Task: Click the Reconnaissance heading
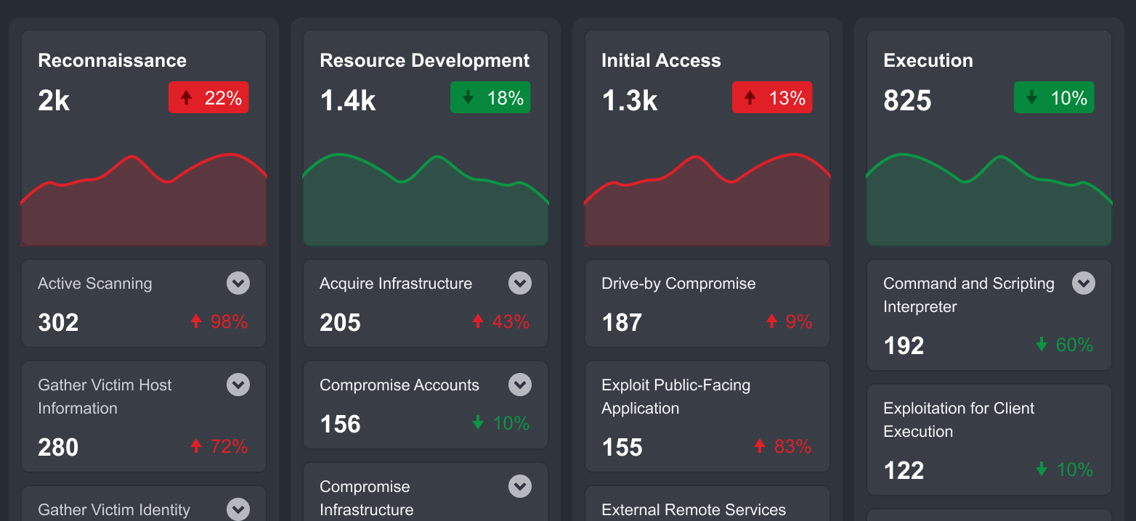112,60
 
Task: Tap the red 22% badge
208,98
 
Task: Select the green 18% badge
490,98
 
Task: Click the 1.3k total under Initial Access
629,101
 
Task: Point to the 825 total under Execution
907,101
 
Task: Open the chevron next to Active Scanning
238,283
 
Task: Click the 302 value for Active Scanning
58,322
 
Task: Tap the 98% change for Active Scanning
219,321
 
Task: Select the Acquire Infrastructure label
396,284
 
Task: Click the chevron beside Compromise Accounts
520,385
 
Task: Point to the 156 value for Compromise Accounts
340,424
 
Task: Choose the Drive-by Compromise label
678,284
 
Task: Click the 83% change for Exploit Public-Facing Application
782,446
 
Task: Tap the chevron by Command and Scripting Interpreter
1084,283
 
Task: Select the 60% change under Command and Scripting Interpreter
1064,345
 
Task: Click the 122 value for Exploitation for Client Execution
904,470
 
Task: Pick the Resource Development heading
425,60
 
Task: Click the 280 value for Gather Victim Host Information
58,447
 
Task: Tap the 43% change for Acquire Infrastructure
500,321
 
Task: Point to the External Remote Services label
694,510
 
